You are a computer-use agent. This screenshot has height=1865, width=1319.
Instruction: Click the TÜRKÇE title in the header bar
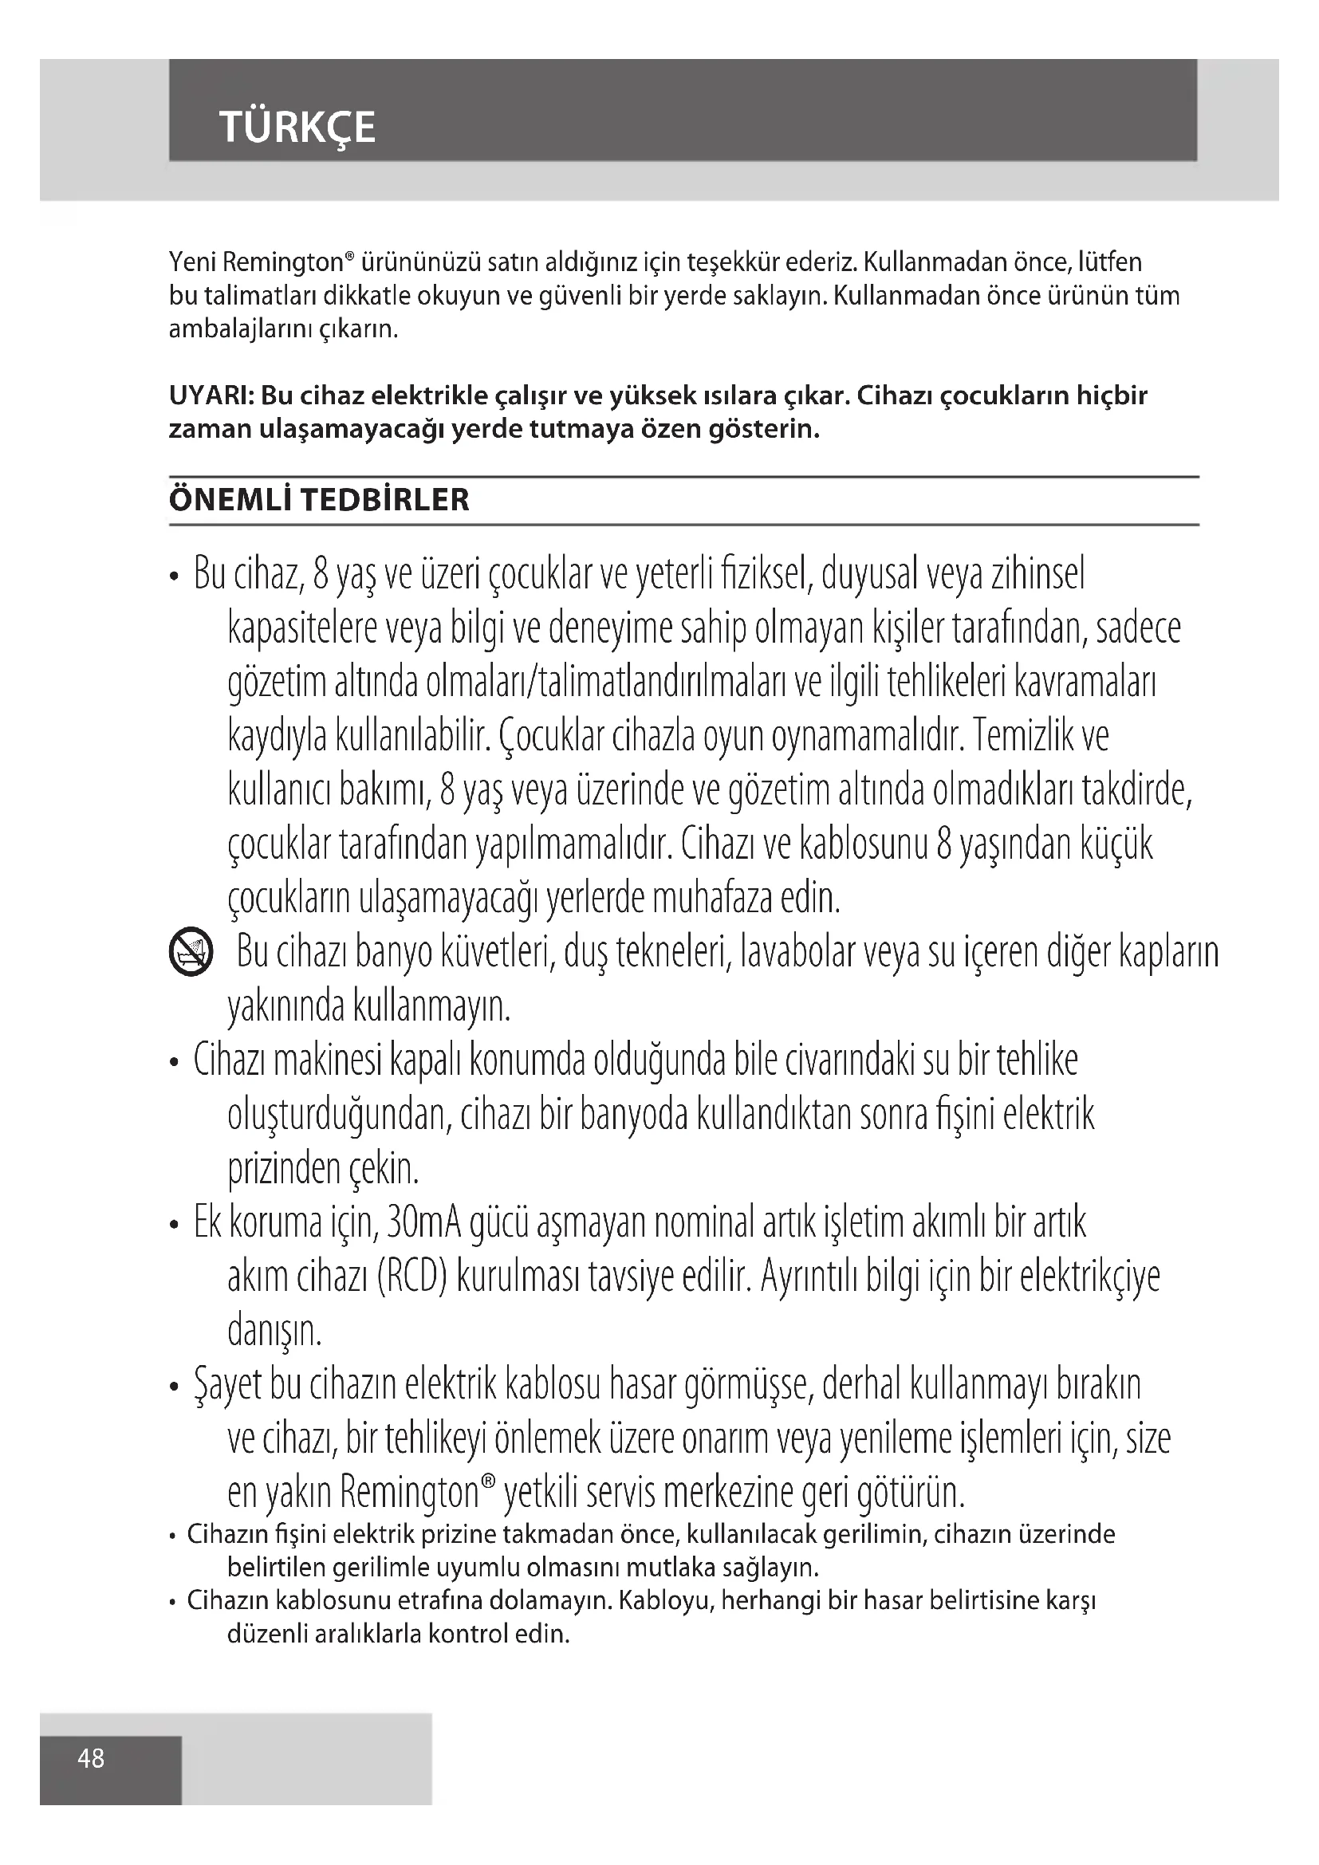(297, 128)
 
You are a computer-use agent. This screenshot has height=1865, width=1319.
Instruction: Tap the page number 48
(91, 1758)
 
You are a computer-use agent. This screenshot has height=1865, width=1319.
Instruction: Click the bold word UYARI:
(211, 396)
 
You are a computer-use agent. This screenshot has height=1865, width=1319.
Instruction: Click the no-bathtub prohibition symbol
(191, 953)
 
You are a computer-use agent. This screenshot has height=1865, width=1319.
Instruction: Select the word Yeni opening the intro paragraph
(192, 263)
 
